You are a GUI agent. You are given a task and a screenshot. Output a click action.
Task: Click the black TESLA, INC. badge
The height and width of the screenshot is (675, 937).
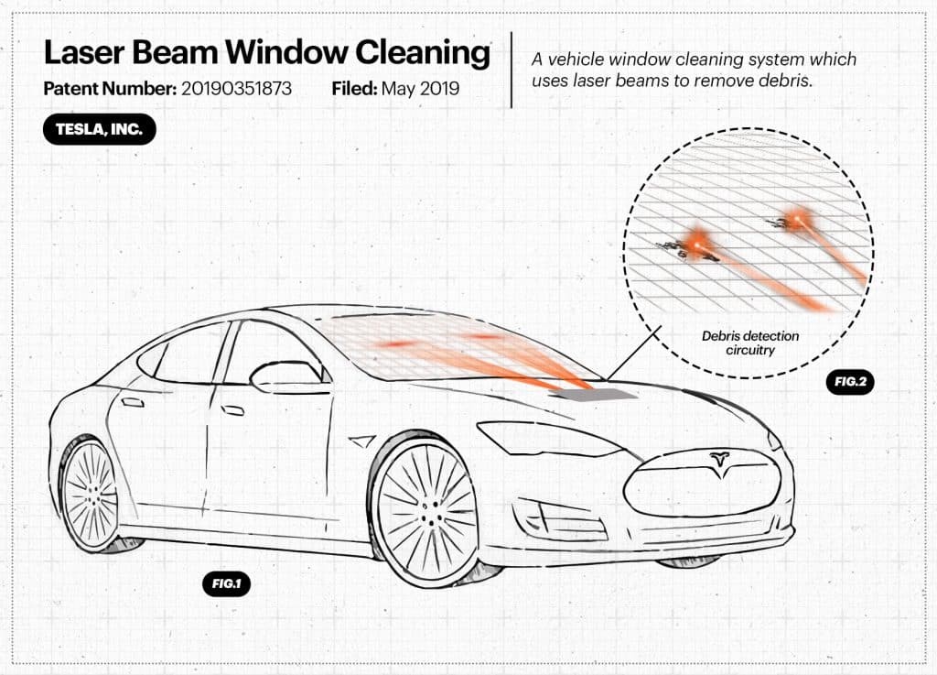click(99, 129)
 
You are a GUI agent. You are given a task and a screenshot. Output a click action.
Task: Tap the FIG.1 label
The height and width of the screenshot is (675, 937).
click(226, 583)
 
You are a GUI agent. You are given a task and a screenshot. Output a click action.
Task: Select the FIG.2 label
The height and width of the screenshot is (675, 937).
click(849, 381)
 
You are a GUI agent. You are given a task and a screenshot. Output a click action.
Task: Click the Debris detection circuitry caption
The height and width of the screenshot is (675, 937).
click(750, 343)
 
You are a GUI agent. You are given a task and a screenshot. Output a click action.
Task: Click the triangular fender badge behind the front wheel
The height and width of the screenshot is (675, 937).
click(362, 441)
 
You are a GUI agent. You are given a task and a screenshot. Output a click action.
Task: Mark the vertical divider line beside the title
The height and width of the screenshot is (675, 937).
click(512, 70)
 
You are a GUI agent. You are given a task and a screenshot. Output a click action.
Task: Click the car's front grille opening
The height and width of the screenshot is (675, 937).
click(705, 485)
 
